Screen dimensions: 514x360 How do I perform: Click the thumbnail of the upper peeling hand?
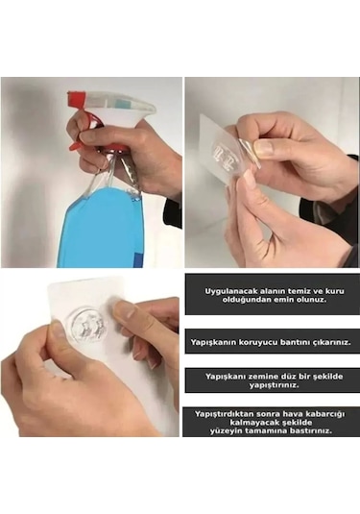[262, 148]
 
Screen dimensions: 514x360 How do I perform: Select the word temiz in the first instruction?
[287, 288]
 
